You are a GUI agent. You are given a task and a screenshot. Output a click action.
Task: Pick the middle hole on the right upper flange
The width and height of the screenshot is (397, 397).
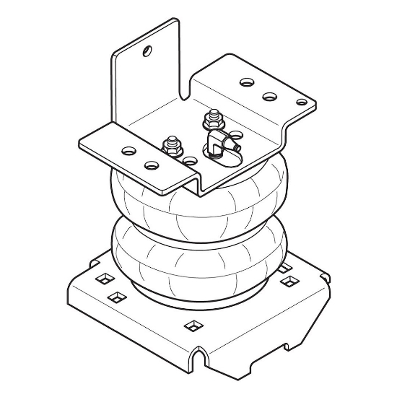[270, 95]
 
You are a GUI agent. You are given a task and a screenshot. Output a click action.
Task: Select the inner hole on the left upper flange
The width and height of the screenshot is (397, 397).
[151, 165]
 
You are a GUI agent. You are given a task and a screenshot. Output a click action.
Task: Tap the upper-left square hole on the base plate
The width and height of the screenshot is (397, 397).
[100, 278]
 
